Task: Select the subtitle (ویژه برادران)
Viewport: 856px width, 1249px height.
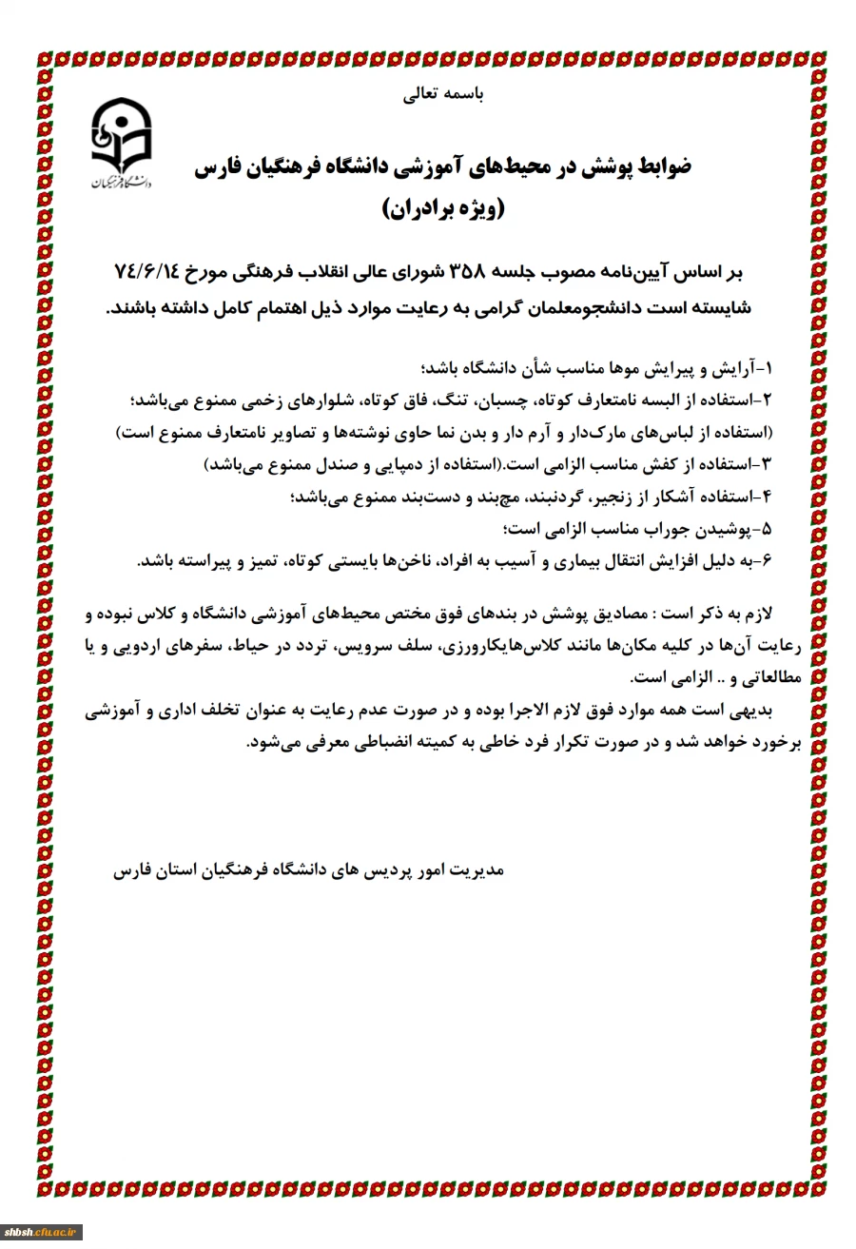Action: [x=444, y=208]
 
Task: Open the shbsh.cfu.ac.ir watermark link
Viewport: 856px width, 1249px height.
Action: [x=42, y=1233]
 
